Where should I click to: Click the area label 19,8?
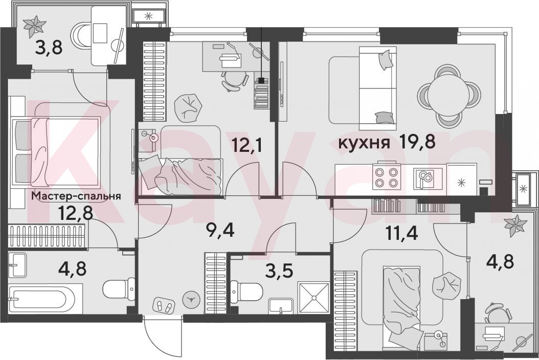point(417,142)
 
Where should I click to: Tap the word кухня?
point(364,143)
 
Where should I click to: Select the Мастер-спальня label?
point(76,196)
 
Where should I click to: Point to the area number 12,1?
point(247,145)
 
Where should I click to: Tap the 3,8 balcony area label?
point(49,48)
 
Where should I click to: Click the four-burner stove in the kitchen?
point(387,177)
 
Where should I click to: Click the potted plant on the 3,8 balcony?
point(34,27)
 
